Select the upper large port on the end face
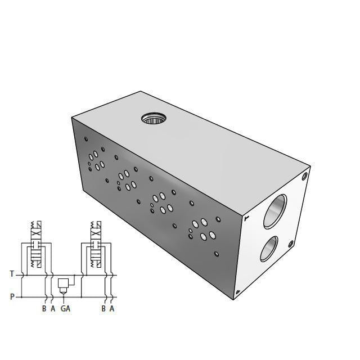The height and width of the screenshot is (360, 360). click(276, 210)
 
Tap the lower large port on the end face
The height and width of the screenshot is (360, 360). click(268, 249)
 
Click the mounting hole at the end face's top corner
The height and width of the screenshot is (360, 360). click(305, 175)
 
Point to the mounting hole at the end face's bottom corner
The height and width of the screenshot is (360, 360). click(237, 291)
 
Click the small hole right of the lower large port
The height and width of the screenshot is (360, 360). click(291, 244)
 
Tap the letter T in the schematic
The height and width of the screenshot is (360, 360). click(12, 274)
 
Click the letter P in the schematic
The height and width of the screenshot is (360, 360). click(12, 296)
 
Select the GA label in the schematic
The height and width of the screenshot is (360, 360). click(65, 308)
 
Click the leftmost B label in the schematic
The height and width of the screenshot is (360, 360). click(44, 308)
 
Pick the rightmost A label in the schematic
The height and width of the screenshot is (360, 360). click(112, 308)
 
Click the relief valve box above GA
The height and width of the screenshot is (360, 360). click(64, 282)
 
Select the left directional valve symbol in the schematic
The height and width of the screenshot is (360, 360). click(36, 248)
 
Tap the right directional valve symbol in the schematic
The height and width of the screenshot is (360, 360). click(97, 248)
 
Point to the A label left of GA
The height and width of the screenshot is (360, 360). click(52, 308)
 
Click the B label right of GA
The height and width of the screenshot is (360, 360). click(103, 308)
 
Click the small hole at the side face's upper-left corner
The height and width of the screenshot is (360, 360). click(86, 139)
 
